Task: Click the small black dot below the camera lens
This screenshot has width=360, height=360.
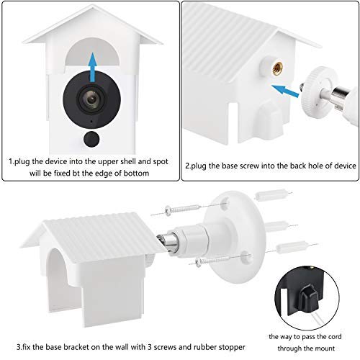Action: point(91,138)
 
